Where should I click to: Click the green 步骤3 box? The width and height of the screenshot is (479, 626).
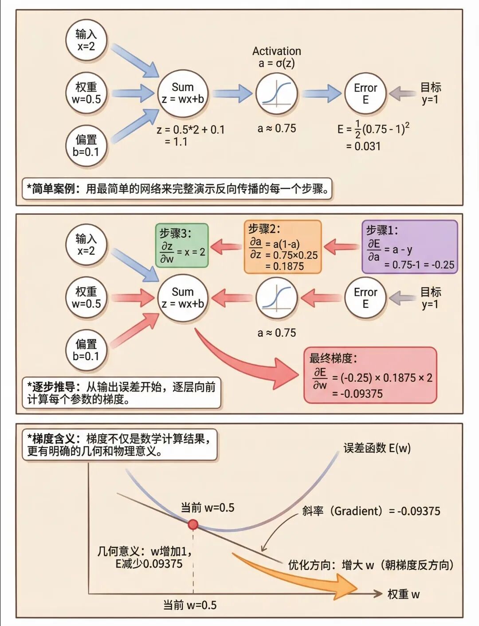point(182,246)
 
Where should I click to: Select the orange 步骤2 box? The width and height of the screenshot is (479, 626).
point(283,247)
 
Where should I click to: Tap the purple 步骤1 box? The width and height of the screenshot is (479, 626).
point(409,247)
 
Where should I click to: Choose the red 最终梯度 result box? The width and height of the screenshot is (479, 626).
point(370,375)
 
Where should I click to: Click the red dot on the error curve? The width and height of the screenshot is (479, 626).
point(193,525)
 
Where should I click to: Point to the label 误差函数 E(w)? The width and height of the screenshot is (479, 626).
point(377,448)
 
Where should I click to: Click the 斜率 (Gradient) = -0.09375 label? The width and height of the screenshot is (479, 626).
point(371,511)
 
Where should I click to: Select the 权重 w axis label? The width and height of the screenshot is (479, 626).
point(403,594)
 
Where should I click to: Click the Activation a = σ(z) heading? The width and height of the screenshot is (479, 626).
point(277,57)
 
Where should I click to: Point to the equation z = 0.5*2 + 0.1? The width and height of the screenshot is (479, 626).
point(191,130)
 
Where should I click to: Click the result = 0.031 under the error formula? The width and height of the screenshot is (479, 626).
point(363,146)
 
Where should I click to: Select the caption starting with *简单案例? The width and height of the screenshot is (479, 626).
point(177,189)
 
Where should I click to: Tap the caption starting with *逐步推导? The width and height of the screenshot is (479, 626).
point(121,393)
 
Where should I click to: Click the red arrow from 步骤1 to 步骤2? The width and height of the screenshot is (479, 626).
point(342,246)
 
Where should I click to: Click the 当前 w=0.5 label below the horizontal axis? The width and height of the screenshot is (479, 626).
point(190,605)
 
